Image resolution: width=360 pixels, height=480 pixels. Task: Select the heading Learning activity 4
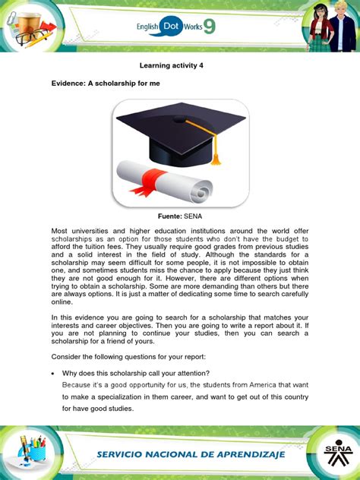pyautogui.click(x=179, y=65)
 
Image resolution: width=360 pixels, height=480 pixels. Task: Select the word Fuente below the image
pyautogui.click(x=170, y=216)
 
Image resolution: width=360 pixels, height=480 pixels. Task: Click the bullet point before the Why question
pyautogui.click(x=54, y=372)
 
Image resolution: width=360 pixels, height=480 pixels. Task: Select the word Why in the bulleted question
pyautogui.click(x=71, y=372)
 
